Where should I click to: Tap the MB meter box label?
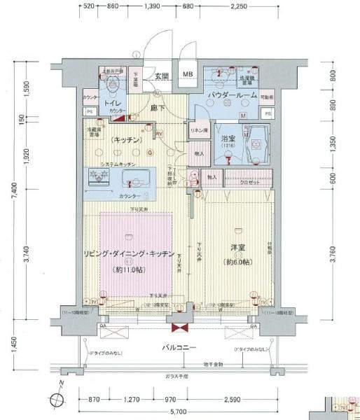click(x=188, y=74)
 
